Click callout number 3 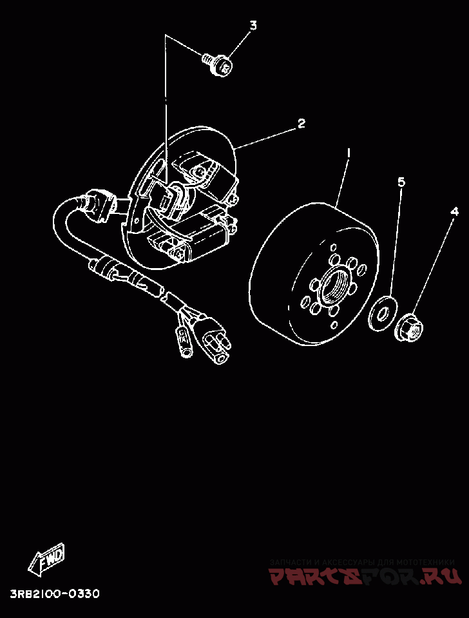pyautogui.click(x=253, y=26)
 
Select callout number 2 pyautogui.click(x=301, y=124)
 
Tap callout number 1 pyautogui.click(x=349, y=153)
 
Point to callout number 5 pyautogui.click(x=401, y=182)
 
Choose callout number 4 pyautogui.click(x=454, y=211)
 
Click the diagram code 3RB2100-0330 pyautogui.click(x=54, y=594)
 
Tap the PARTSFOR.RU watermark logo pyautogui.click(x=365, y=575)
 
